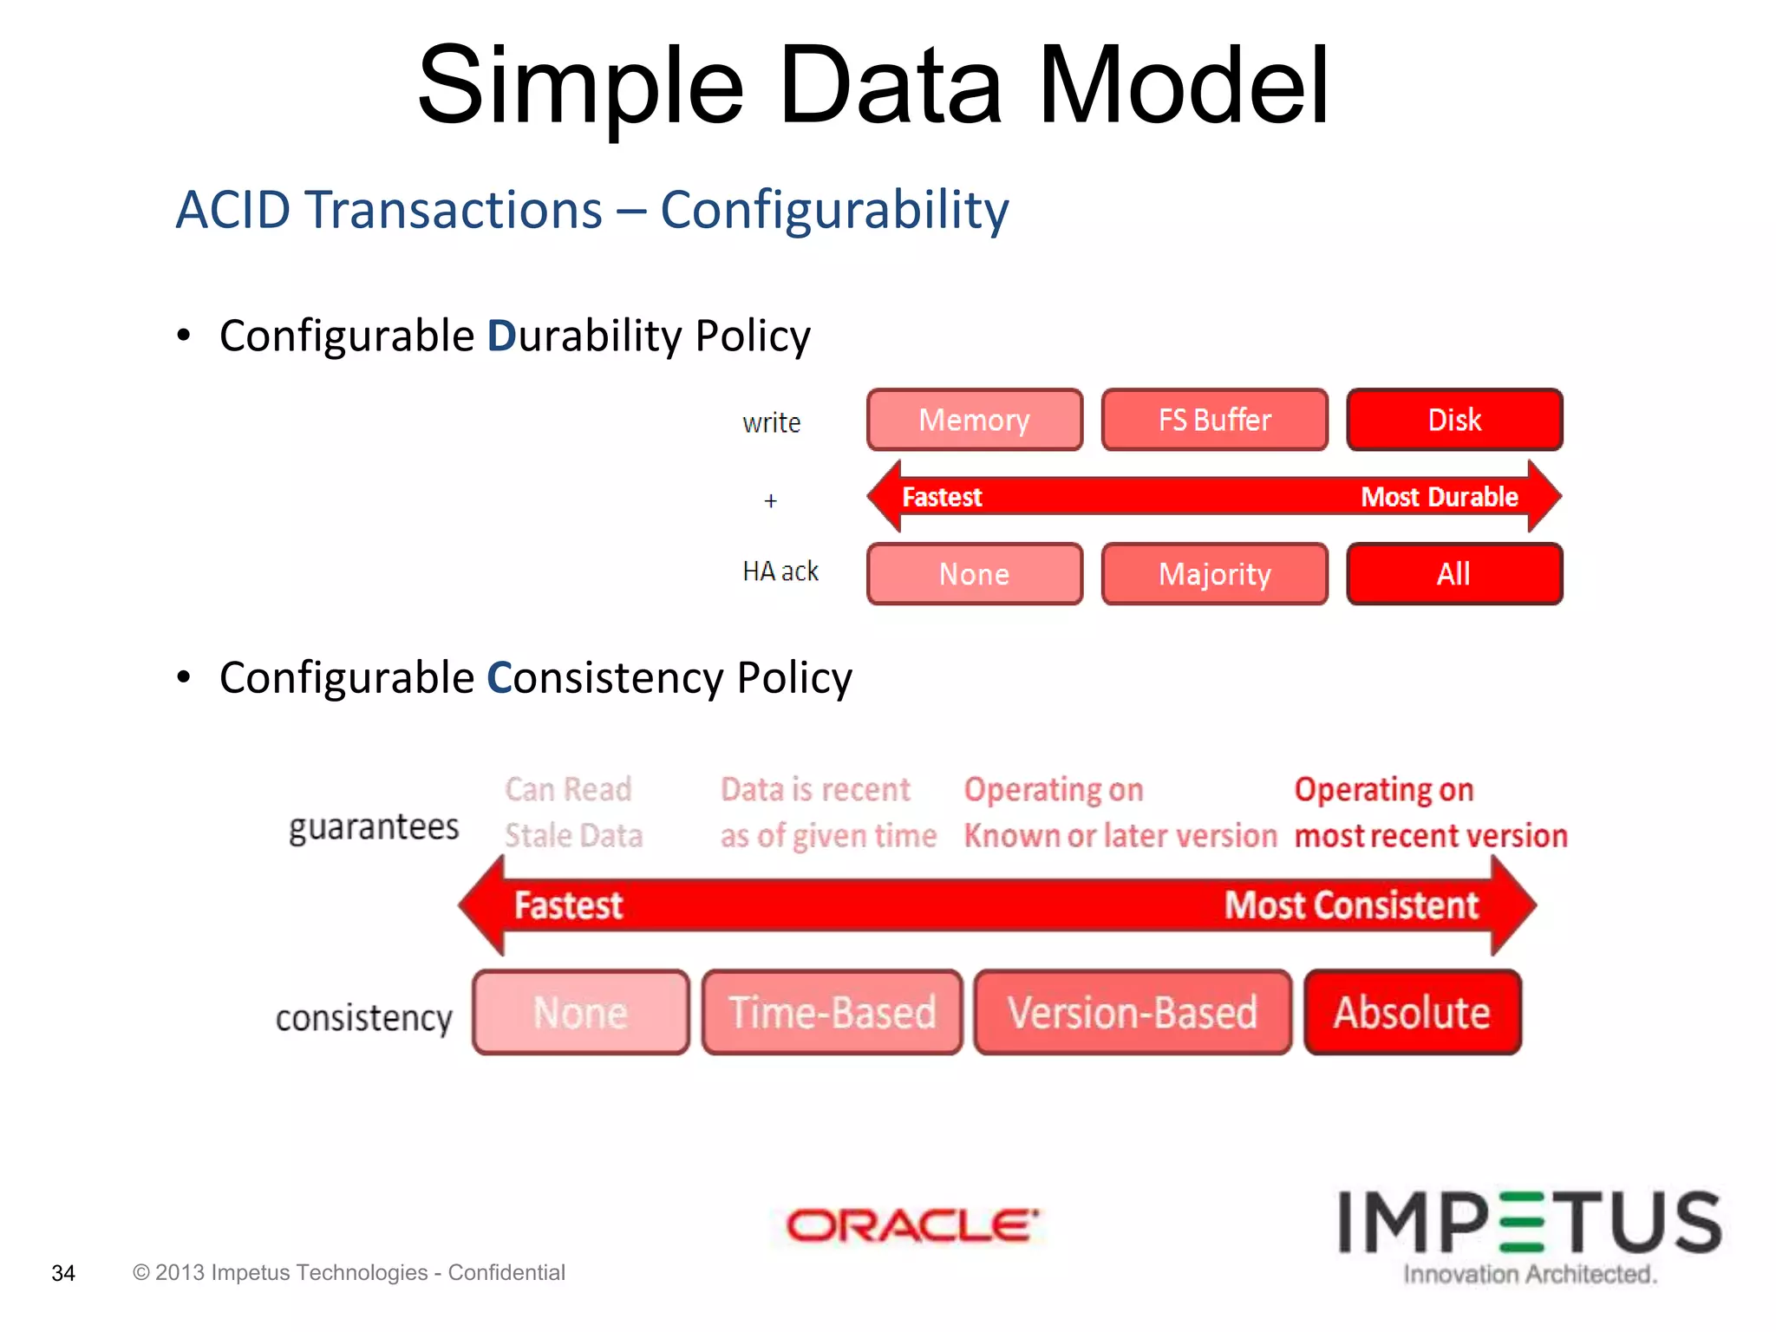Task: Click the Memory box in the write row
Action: (975, 421)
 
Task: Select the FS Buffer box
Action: (1214, 421)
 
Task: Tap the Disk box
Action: (1454, 421)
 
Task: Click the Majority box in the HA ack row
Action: (1214, 574)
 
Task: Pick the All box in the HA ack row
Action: (1454, 574)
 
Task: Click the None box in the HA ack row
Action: (975, 574)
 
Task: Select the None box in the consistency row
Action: (580, 1013)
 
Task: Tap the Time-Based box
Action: (832, 1013)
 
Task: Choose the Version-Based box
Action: (1132, 1013)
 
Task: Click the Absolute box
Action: (1412, 1013)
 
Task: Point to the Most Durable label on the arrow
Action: (1440, 497)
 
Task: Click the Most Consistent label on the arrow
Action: (1351, 905)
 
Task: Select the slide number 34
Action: (63, 1273)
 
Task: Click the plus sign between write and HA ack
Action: (770, 501)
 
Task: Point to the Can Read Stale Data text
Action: (572, 813)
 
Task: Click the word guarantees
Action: (374, 827)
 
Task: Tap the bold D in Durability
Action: (501, 336)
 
